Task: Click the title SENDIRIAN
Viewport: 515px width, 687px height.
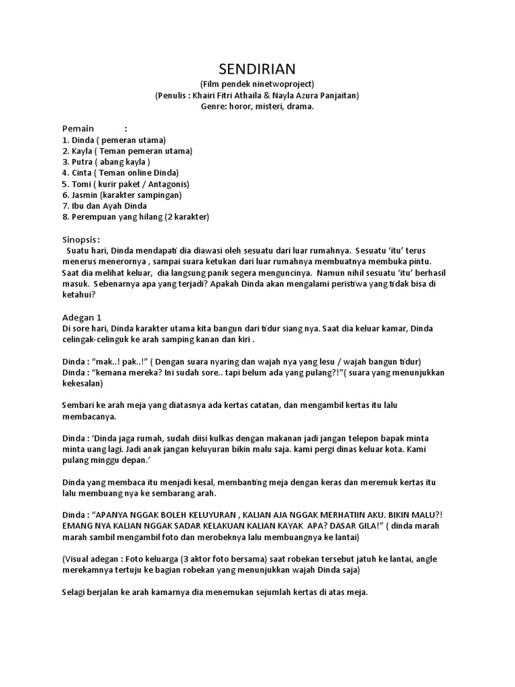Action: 257,69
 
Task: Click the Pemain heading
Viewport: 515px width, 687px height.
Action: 78,128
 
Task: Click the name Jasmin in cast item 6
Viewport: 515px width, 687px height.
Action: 85,195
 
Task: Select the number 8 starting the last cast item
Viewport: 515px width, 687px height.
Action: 65,217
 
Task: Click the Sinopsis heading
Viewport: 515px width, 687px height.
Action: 80,239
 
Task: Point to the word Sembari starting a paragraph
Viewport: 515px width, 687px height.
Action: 79,405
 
